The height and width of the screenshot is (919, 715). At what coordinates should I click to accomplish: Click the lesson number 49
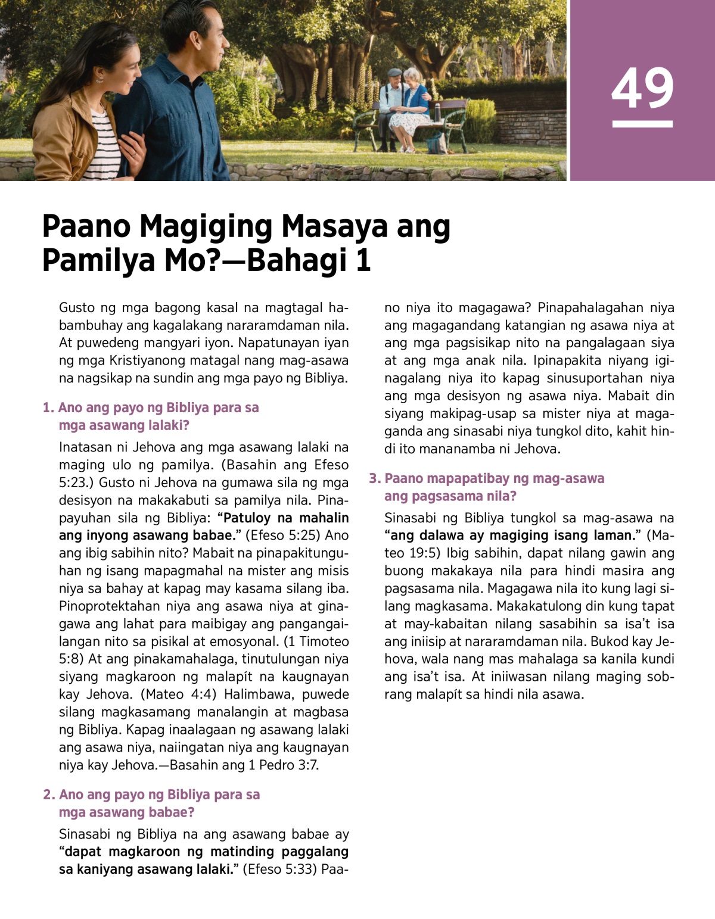642,88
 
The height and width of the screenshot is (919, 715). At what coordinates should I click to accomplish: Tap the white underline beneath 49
642,124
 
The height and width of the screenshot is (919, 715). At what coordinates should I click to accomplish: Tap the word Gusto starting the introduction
77,308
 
